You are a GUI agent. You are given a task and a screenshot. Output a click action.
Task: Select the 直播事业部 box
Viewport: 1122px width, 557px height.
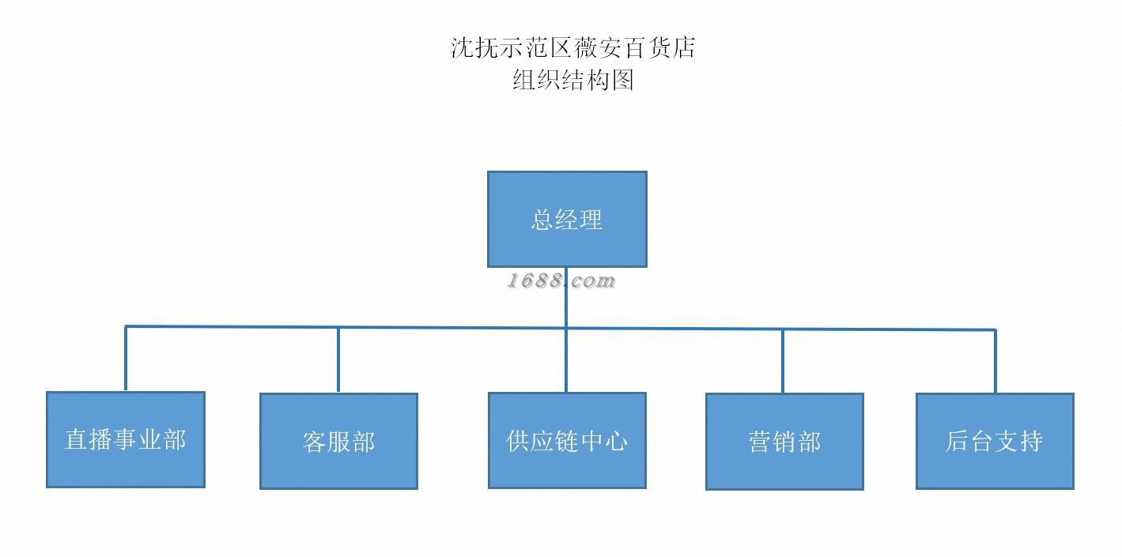click(x=126, y=439)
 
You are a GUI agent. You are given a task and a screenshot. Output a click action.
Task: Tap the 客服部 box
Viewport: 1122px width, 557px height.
click(x=338, y=441)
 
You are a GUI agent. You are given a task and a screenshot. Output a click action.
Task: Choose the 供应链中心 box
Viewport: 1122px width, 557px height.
click(x=567, y=440)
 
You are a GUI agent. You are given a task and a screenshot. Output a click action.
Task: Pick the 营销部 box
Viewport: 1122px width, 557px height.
click(x=784, y=441)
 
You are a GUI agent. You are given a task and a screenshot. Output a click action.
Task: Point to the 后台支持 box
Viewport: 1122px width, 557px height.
click(x=995, y=441)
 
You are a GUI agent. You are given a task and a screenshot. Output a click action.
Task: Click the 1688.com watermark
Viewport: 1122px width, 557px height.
click(x=561, y=280)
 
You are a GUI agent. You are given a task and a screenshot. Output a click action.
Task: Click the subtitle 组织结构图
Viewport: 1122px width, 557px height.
click(x=573, y=80)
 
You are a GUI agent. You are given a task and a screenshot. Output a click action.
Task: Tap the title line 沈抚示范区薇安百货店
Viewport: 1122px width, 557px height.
click(x=573, y=47)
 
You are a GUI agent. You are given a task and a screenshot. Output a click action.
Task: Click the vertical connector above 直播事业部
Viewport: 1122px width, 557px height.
click(x=126, y=358)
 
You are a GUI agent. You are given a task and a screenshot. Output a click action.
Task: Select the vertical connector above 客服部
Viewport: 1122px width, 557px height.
click(x=338, y=359)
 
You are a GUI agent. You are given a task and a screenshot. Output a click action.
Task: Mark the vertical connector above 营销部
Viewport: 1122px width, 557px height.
click(x=783, y=361)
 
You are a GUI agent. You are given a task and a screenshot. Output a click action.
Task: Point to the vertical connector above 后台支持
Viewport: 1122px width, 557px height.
click(x=995, y=361)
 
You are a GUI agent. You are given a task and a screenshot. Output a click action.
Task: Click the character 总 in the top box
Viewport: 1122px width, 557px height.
click(x=542, y=220)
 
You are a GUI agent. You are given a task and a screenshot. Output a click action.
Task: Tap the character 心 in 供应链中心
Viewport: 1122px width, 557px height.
click(x=615, y=440)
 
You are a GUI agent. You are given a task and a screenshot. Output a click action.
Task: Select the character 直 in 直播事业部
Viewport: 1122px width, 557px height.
click(x=76, y=439)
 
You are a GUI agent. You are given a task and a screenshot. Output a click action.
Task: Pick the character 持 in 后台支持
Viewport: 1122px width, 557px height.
click(x=1031, y=441)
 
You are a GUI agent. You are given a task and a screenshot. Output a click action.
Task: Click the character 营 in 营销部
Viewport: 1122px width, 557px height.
click(x=760, y=441)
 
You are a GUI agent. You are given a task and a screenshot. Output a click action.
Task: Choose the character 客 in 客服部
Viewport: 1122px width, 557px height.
click(x=314, y=442)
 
